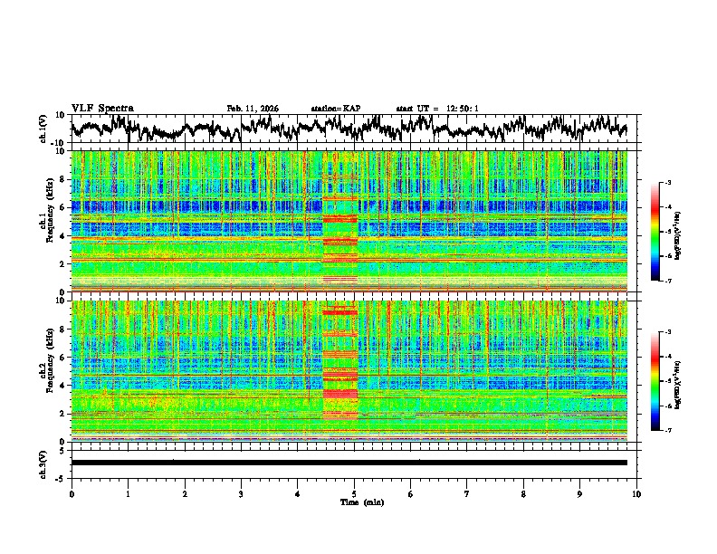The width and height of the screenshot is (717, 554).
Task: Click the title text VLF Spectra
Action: (102, 108)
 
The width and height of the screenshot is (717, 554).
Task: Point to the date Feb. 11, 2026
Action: (253, 109)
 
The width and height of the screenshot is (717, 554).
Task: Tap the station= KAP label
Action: (336, 109)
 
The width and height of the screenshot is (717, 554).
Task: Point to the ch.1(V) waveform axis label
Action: (43, 129)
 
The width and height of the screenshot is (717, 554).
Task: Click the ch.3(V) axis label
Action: (43, 462)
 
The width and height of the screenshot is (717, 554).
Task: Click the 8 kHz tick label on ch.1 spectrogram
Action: (62, 179)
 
